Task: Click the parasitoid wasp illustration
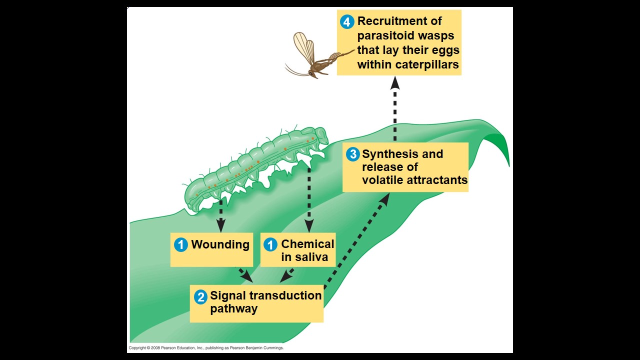point(315,60)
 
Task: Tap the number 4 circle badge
point(347,22)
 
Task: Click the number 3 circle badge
point(353,154)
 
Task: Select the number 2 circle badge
point(200,296)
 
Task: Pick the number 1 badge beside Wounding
point(180,244)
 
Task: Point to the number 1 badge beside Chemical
point(270,244)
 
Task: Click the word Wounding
point(220,244)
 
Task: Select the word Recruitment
point(392,21)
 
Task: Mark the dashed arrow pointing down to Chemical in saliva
point(309,200)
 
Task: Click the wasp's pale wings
point(303,47)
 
